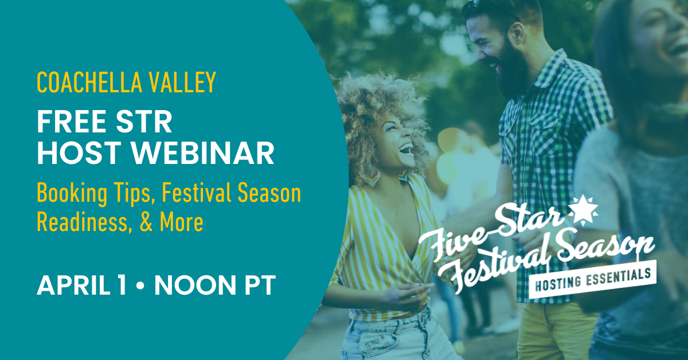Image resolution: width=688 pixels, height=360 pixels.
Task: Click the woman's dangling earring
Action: point(372,175)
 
